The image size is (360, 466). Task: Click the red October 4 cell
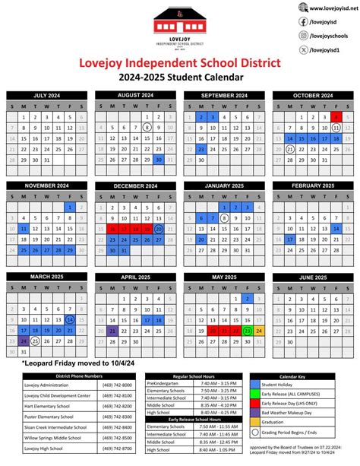point(336,118)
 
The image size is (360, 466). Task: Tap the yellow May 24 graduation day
point(259,310)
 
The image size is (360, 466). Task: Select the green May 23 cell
point(247,310)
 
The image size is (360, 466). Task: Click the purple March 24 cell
point(24,320)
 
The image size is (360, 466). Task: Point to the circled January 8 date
point(225,217)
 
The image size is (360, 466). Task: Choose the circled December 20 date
point(158,228)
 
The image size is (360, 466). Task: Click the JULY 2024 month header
point(48,96)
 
